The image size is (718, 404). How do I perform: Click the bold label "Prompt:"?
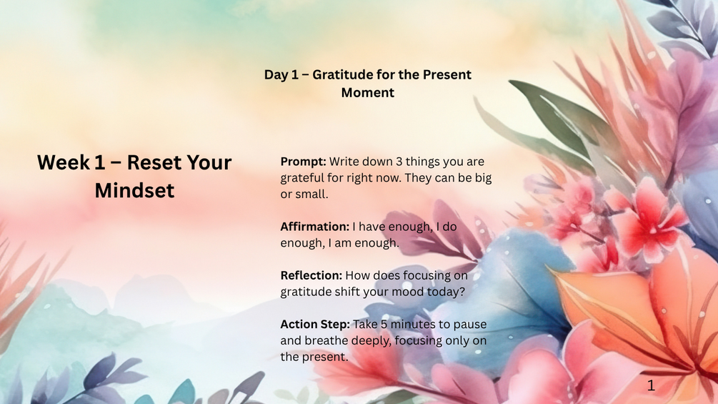pyautogui.click(x=303, y=162)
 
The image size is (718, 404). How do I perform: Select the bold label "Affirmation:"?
pyautogui.click(x=314, y=227)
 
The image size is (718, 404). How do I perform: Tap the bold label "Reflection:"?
pyautogui.click(x=311, y=275)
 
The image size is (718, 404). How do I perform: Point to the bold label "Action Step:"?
pyautogui.click(x=315, y=325)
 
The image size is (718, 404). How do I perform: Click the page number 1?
pyautogui.click(x=651, y=385)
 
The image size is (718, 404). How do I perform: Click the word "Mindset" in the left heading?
pyautogui.click(x=134, y=190)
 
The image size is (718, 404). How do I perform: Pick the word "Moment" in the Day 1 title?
pyautogui.click(x=368, y=92)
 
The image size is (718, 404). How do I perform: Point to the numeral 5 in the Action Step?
pyautogui.click(x=384, y=325)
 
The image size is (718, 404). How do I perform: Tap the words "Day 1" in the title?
pyautogui.click(x=276, y=74)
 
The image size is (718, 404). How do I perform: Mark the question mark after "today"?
pyautogui.click(x=462, y=292)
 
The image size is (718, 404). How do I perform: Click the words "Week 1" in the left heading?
pyautogui.click(x=71, y=162)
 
